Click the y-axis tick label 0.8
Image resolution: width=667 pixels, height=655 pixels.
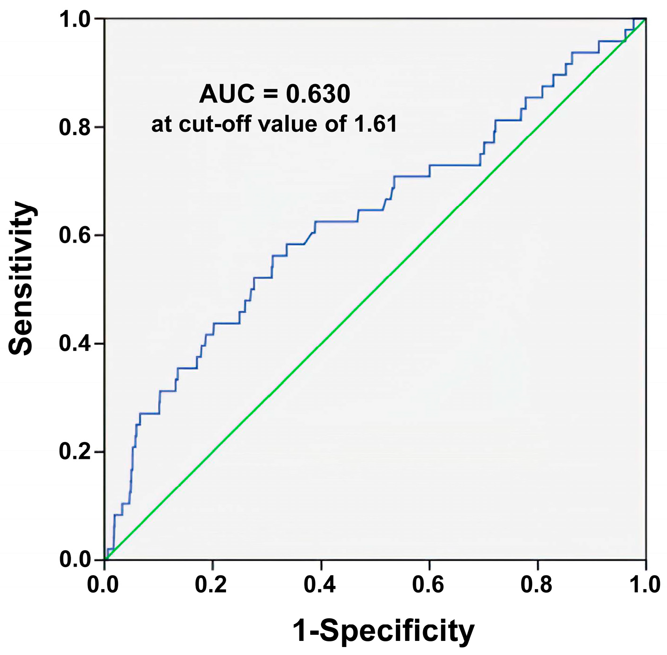coord(75,127)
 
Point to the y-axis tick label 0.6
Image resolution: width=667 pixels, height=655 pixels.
coord(75,236)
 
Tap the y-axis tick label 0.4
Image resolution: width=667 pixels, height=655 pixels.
coord(75,344)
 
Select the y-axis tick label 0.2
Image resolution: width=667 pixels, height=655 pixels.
coord(75,451)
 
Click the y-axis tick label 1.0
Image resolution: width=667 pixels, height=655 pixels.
coord(75,20)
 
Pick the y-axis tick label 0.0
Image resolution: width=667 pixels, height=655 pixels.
coord(75,560)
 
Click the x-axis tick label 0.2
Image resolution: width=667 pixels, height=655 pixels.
coord(212,584)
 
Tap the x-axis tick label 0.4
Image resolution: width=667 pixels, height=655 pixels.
coord(320,584)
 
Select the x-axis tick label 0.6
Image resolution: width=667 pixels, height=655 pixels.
coord(428,584)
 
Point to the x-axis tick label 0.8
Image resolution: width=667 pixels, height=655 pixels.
coord(537,584)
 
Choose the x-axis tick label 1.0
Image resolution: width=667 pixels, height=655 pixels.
coord(645,584)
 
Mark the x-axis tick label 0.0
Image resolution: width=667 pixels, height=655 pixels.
coord(103,584)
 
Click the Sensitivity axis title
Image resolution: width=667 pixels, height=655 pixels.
coord(22,278)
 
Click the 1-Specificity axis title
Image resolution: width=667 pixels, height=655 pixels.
coord(383,631)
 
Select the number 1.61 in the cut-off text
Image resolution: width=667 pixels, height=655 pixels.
coord(376,124)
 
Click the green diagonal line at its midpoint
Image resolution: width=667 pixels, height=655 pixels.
coord(375,290)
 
